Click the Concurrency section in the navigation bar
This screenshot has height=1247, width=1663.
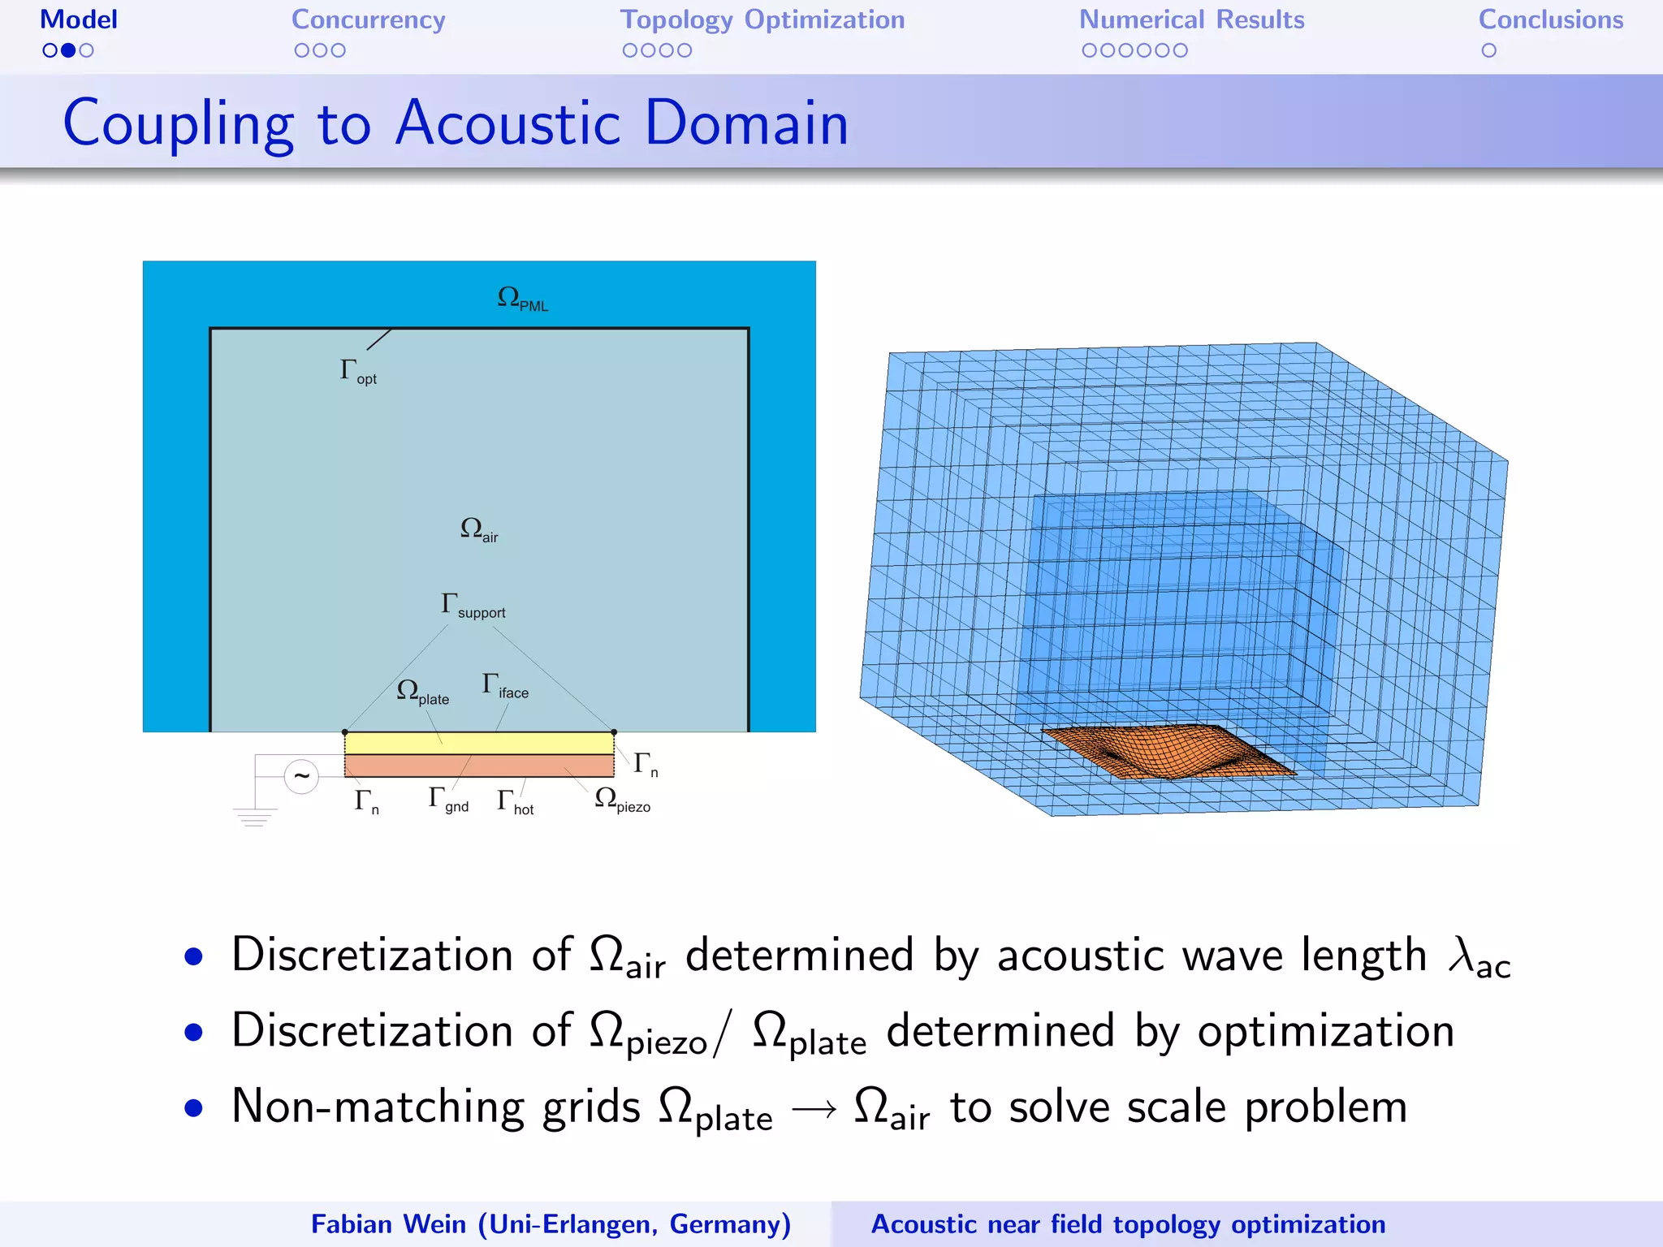[x=368, y=20]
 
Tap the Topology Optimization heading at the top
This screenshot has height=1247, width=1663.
[x=762, y=20]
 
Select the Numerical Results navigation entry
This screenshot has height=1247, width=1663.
[x=1190, y=20]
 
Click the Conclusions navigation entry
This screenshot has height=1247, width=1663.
[x=1550, y=20]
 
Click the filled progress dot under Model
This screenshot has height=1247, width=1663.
[x=68, y=50]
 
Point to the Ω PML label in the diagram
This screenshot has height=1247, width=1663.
[x=521, y=299]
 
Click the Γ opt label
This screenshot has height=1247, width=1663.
[x=357, y=372]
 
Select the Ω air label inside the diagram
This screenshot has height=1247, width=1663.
[x=478, y=529]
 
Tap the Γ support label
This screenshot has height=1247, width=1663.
[x=473, y=606]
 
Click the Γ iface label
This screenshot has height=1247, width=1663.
[x=504, y=686]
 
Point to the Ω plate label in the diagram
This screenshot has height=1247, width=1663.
[x=421, y=693]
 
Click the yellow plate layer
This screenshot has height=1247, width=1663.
[x=479, y=743]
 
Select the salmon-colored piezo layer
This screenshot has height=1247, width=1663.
[x=479, y=766]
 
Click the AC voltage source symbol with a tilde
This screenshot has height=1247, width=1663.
[x=301, y=777]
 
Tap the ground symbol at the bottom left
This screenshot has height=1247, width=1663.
[x=254, y=817]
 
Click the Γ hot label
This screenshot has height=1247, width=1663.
[x=515, y=802]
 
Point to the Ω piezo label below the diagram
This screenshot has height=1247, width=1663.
[x=621, y=800]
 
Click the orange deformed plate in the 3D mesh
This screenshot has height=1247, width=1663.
[x=1169, y=751]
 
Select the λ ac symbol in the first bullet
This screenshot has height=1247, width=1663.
[x=1479, y=958]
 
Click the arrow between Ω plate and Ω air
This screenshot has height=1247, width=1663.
[x=813, y=1109]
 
